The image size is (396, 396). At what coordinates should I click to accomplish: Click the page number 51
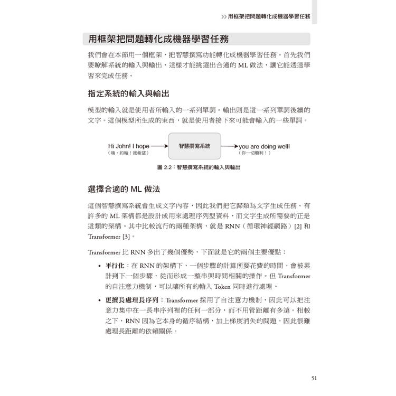314,378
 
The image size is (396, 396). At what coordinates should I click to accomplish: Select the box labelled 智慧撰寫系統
194,146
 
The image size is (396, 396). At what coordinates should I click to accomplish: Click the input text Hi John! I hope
129,146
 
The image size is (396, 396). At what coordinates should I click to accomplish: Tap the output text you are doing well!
264,146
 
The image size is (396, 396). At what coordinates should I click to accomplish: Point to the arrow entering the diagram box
159,146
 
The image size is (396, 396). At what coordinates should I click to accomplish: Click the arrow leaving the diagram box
229,146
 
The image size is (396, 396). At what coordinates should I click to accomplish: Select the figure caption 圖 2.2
199,167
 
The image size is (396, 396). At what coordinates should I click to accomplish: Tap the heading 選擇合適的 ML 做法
124,188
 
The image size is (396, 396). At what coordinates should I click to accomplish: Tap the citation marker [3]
125,237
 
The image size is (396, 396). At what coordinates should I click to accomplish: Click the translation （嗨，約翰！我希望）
128,153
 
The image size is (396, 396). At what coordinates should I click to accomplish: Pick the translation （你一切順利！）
255,153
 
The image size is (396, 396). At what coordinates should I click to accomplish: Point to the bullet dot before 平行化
100,266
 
